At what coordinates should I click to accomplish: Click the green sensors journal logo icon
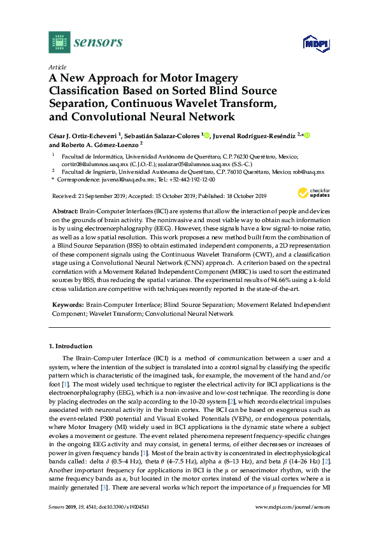pos(59,42)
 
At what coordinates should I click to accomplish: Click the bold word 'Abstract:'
pos(64,209)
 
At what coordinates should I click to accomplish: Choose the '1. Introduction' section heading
pos(71,346)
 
